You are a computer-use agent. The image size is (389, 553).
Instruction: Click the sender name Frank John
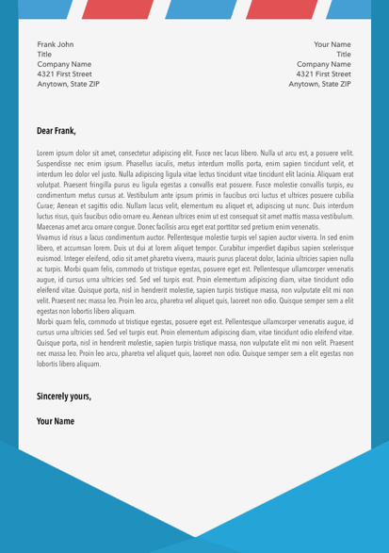tap(55, 44)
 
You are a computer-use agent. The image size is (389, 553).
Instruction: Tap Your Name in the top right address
tap(332, 44)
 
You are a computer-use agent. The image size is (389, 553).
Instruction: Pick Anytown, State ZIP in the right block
tap(320, 84)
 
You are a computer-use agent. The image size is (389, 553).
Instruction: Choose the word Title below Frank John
tap(44, 55)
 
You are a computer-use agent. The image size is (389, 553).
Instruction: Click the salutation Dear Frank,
tap(56, 131)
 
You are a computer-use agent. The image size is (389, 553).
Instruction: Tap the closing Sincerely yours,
tap(64, 397)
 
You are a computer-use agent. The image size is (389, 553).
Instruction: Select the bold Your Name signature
tap(56, 420)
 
